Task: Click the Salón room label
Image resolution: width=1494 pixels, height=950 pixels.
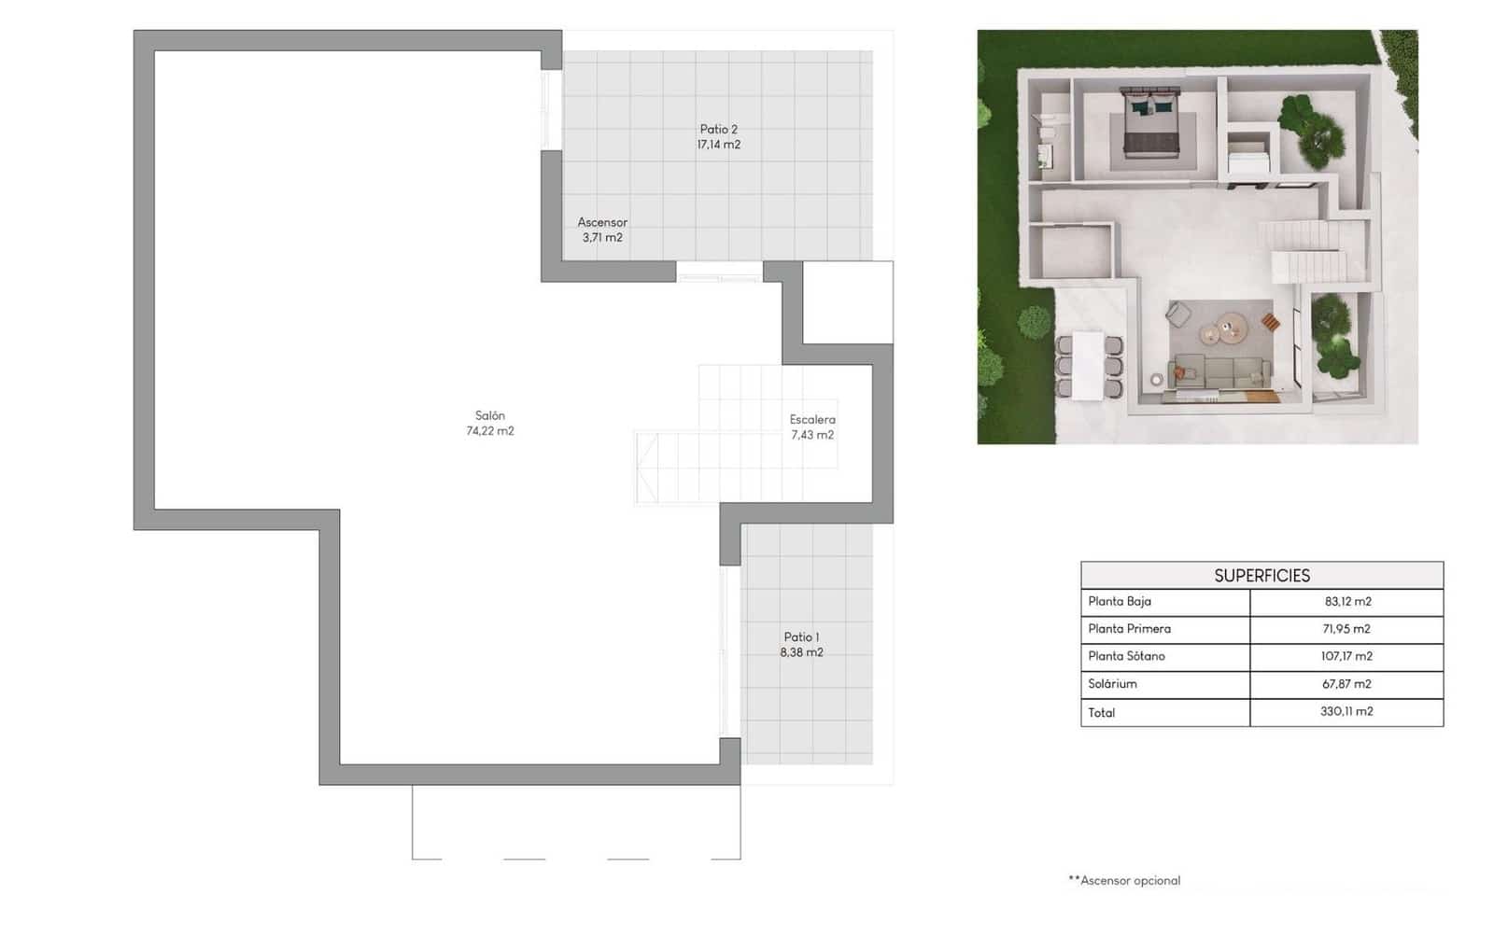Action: click(489, 415)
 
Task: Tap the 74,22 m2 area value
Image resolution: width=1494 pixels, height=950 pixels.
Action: click(489, 431)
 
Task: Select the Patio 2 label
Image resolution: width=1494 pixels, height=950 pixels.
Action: click(718, 130)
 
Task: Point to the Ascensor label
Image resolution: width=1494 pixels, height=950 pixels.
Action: click(602, 222)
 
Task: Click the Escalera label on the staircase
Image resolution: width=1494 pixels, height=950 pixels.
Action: click(812, 420)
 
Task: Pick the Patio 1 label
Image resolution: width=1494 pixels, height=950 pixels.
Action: click(801, 637)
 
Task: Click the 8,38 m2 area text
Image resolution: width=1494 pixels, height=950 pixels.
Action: click(801, 652)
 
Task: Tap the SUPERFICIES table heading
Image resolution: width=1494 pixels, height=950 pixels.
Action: click(1261, 576)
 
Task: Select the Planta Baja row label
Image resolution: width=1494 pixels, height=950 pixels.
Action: click(1120, 602)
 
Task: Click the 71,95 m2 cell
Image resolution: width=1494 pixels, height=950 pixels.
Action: click(1346, 629)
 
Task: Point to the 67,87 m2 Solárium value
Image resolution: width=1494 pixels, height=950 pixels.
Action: click(1346, 684)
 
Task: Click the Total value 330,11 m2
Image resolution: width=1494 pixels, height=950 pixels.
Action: click(1346, 711)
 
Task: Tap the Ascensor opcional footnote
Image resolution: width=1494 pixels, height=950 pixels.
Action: click(1125, 880)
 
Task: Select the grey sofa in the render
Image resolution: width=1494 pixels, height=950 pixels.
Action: click(1219, 371)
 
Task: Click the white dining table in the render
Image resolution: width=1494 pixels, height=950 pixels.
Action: click(1087, 364)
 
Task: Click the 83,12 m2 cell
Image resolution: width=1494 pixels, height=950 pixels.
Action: click(1347, 602)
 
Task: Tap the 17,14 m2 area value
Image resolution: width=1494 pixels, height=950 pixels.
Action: click(718, 145)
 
